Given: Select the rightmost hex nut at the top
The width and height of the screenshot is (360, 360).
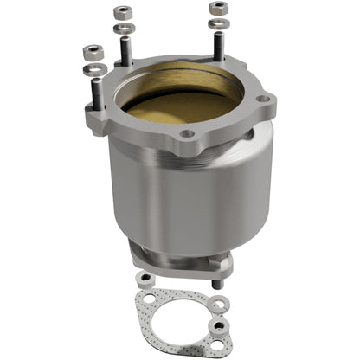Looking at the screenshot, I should [x=218, y=8].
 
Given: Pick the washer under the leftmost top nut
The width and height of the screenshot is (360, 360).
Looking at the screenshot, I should [x=91, y=67].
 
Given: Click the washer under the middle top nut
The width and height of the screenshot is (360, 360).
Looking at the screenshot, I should [x=122, y=28].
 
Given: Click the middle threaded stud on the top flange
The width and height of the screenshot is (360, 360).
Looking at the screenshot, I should [x=126, y=52].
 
